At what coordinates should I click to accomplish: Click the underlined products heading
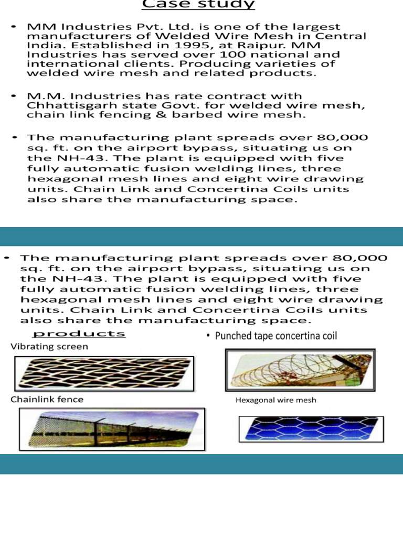(79, 334)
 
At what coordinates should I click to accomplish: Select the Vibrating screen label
(49, 347)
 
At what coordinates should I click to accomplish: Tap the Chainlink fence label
(47, 399)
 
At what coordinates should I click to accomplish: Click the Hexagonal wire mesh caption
(276, 400)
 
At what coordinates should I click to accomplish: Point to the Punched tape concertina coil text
(276, 336)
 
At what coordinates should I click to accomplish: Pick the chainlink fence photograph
(109, 429)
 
